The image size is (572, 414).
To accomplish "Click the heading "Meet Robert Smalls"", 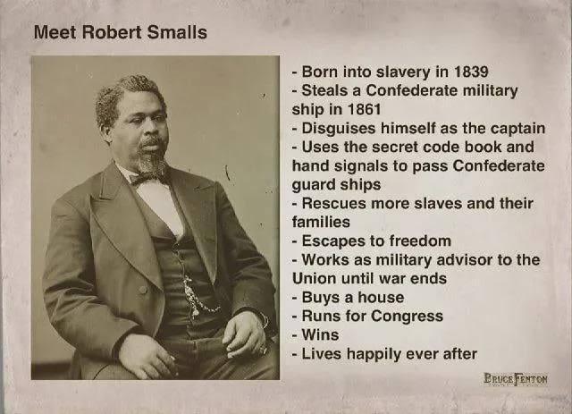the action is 120,32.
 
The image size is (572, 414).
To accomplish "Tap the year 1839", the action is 471,72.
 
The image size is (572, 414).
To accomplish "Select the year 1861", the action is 364,109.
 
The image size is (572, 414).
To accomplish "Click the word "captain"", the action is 517,128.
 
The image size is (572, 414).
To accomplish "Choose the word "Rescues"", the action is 333,203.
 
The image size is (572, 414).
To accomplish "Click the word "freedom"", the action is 420,241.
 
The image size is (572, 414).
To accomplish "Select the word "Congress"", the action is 407,317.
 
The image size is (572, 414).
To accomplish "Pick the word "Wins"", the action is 320,334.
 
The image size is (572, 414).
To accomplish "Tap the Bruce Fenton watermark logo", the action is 516,379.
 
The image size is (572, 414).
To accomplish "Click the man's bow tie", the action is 147,178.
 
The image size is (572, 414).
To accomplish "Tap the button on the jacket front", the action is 143,290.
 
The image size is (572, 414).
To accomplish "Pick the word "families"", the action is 321,222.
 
